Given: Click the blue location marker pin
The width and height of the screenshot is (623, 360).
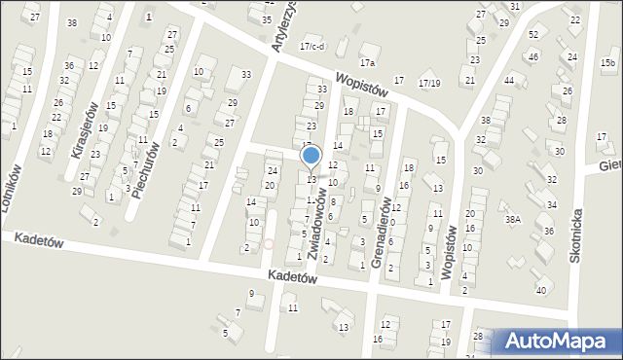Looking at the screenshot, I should (x=311, y=156).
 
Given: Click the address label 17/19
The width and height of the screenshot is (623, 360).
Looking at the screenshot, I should (x=428, y=83).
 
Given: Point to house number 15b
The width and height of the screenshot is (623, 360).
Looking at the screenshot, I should (x=607, y=63).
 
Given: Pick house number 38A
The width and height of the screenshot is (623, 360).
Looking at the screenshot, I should (x=512, y=220).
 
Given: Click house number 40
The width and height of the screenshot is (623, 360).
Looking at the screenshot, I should (x=541, y=291).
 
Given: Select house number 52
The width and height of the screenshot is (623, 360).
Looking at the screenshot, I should (x=532, y=35).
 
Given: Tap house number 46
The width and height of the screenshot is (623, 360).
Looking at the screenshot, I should (x=532, y=57).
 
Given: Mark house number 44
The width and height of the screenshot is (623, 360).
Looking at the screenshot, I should (x=509, y=80).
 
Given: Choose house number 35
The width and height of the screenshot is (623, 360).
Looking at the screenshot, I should (x=267, y=19).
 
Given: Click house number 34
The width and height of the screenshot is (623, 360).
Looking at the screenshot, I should (x=551, y=205).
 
